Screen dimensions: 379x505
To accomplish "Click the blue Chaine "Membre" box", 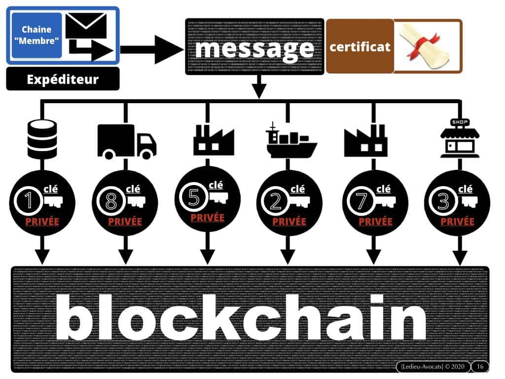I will (x=36, y=35).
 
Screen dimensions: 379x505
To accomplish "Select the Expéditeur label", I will (x=63, y=79).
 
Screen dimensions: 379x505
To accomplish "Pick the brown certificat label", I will (x=360, y=47).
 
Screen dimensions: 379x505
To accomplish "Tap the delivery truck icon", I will (x=127, y=141).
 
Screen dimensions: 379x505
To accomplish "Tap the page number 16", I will (x=480, y=367).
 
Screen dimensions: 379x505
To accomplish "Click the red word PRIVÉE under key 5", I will (x=207, y=218).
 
